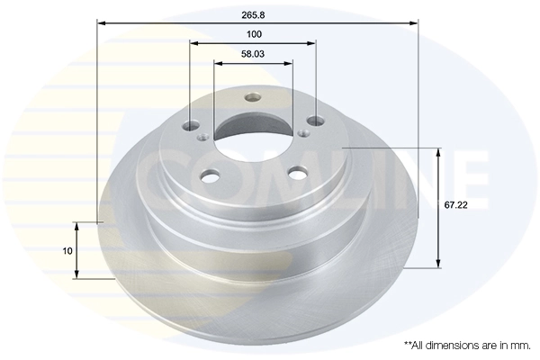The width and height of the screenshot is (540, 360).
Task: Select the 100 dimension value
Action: click(253, 34)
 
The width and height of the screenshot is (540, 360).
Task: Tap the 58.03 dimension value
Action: click(253, 54)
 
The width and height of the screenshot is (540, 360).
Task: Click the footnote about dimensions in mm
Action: click(467, 345)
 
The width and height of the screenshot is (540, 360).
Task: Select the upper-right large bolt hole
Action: click(314, 121)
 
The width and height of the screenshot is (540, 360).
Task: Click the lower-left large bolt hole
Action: click(210, 176)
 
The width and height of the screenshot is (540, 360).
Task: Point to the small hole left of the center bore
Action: click(203, 138)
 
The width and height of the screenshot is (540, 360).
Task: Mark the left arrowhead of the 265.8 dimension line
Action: click(100, 23)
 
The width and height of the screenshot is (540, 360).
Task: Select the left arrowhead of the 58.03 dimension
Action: click(217, 63)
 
